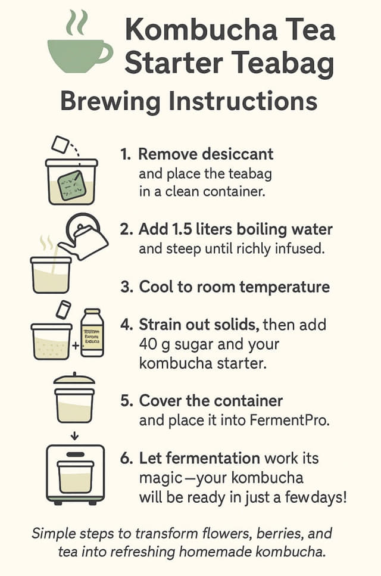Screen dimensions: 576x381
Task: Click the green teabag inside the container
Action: (72, 184)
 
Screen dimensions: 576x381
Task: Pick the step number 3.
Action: (126, 287)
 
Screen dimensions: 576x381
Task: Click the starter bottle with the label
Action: (92, 334)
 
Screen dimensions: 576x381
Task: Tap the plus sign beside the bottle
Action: (76, 345)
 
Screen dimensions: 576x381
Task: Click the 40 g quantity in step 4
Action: (157, 344)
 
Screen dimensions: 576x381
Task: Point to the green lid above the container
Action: (74, 379)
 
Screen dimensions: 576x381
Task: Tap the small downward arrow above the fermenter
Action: (74, 437)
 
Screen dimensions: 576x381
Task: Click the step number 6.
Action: (126, 459)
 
